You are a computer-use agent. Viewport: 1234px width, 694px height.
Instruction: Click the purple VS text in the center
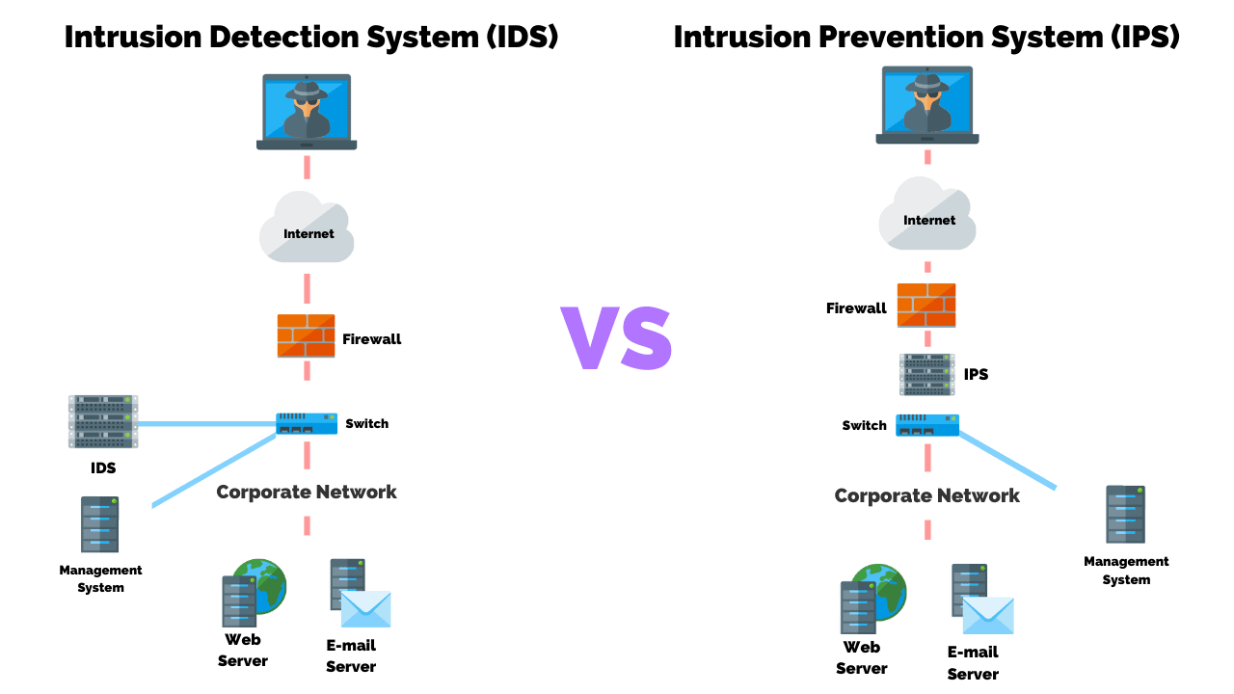617,337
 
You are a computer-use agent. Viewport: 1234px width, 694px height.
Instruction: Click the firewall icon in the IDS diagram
306,335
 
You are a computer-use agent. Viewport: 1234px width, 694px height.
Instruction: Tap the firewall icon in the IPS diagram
926,305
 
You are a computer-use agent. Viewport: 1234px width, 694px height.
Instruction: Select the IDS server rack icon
103,421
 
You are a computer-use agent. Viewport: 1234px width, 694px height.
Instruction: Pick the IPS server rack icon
927,375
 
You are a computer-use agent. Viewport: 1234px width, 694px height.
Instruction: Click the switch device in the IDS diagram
307,423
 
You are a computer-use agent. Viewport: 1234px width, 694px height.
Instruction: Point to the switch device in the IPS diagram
927,425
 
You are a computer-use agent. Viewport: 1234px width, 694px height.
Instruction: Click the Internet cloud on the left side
307,229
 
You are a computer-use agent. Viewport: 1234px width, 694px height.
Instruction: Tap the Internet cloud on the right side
927,217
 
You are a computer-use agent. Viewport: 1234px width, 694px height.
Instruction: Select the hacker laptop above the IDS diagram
307,112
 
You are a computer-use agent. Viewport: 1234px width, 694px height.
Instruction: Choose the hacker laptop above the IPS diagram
927,104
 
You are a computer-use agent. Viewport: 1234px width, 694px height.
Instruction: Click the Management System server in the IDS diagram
100,524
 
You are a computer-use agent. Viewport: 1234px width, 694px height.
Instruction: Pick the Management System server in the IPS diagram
1125,514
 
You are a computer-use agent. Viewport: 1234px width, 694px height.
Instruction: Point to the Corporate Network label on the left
307,492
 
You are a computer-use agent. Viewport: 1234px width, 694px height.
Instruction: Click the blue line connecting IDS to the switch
207,423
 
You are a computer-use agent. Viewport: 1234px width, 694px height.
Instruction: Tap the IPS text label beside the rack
976,374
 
